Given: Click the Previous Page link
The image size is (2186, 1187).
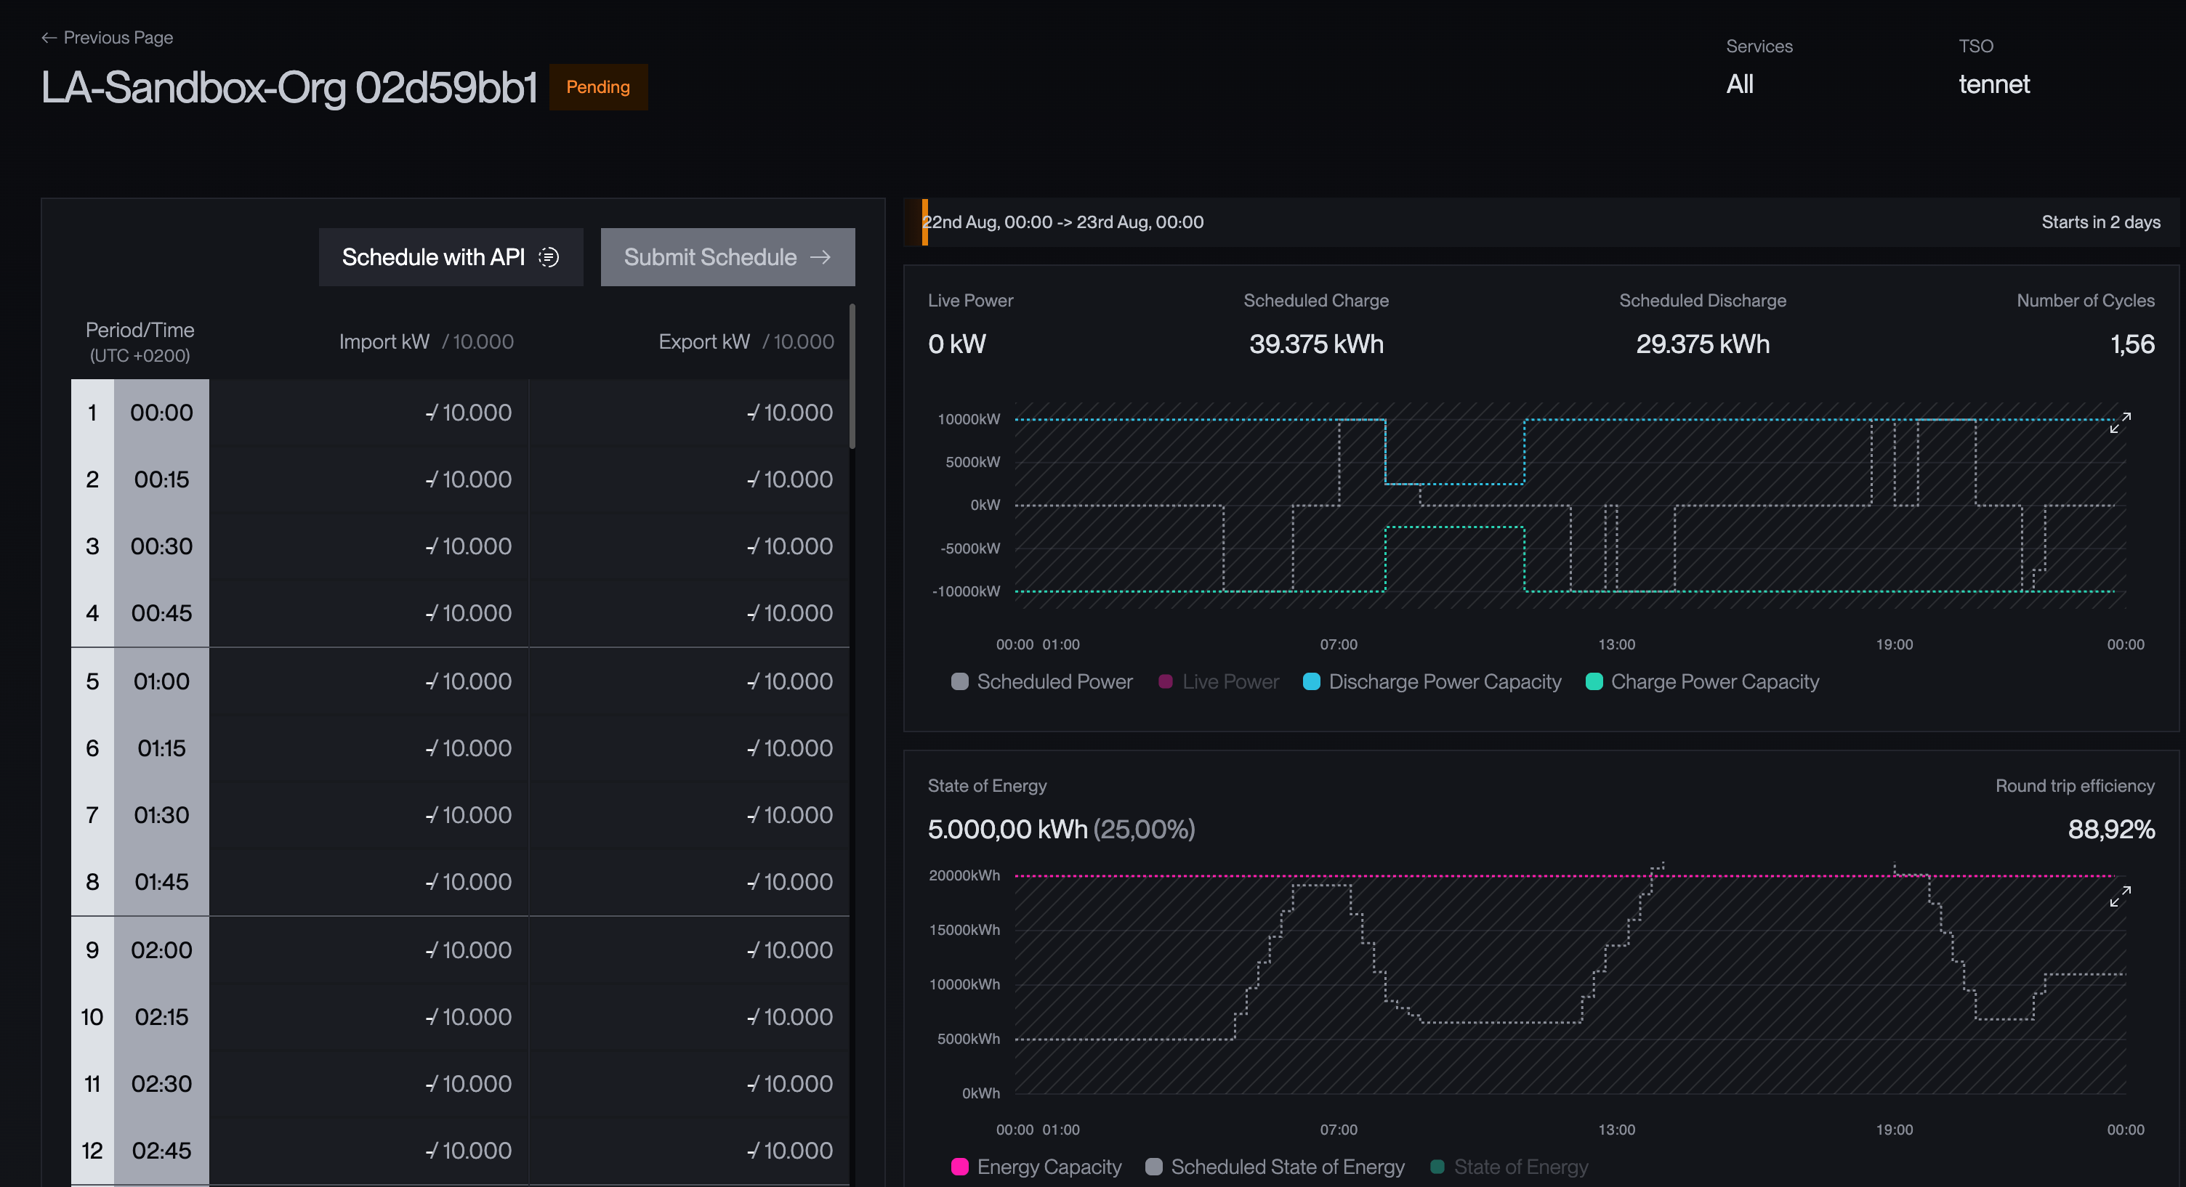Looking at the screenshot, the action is pos(107,37).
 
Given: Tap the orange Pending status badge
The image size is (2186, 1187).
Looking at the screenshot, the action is pos(598,86).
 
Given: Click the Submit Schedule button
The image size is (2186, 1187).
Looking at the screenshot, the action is pos(727,257).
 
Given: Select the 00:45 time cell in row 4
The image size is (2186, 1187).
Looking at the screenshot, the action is pos(161,612).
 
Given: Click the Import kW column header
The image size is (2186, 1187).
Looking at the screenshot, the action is pos(426,341).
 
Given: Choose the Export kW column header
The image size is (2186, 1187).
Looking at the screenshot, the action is pos(746,341).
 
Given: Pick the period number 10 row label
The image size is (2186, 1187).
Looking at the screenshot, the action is pos(92,1016).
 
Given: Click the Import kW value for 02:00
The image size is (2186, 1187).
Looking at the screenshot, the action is pos(469,949).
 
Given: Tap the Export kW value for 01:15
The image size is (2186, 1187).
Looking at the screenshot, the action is pos(790,748).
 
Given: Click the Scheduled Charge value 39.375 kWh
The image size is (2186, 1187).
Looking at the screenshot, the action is pos(1316,344).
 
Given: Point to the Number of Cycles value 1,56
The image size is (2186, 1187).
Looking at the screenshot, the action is pos(2132,344).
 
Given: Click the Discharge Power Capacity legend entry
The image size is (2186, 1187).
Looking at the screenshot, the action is pos(1432,681).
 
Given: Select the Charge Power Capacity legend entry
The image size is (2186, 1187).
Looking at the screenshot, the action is pos(1702,681).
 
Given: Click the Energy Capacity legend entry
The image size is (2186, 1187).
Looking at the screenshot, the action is pos(1036,1167).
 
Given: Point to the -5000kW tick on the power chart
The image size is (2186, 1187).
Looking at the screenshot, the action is pos(970,548).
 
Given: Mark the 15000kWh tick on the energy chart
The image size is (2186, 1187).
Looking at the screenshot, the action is pos(964,930).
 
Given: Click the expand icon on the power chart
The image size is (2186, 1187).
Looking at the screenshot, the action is pos(2120,423).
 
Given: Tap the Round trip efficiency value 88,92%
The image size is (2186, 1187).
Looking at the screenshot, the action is pos(2111,829).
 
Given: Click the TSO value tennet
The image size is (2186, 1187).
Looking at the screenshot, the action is pos(1994,84).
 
